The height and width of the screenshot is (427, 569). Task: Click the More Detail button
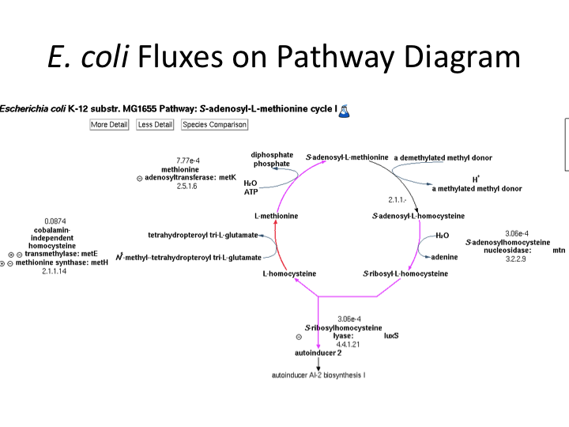(x=109, y=125)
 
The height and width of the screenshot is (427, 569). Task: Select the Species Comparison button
(x=214, y=125)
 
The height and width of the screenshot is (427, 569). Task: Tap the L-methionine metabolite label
(x=276, y=216)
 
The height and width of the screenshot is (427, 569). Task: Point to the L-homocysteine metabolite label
(x=289, y=274)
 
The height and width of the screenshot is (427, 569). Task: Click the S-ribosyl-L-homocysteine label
(x=405, y=274)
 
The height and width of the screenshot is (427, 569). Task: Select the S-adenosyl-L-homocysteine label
(x=418, y=216)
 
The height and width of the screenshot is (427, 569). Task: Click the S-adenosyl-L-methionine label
(x=346, y=158)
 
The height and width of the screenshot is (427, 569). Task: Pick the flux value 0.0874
(x=55, y=221)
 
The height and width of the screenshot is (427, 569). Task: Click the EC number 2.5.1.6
(x=187, y=186)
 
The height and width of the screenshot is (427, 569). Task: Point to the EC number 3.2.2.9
(x=517, y=259)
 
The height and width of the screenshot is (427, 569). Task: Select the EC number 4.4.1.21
(x=348, y=345)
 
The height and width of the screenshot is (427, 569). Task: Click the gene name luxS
(x=391, y=335)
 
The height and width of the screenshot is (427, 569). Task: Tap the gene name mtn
(x=559, y=250)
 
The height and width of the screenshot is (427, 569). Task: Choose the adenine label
(x=444, y=257)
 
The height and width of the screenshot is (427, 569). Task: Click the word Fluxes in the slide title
(x=183, y=58)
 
